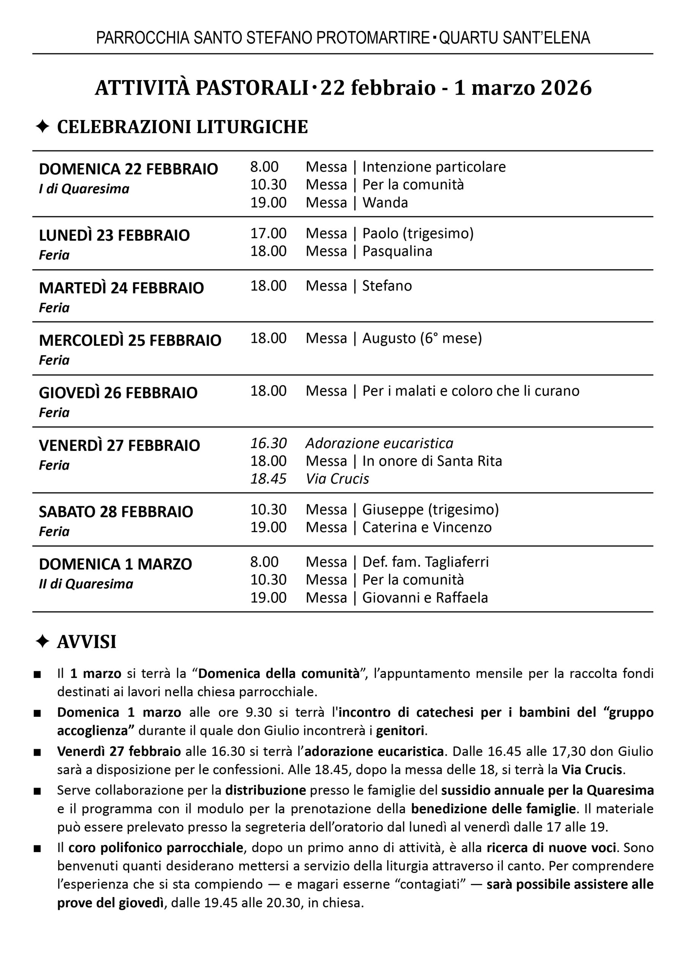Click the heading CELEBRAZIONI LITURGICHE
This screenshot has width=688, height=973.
pyautogui.click(x=182, y=127)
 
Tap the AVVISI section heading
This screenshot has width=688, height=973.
pyautogui.click(x=87, y=642)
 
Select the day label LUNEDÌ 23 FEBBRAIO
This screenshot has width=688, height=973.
pyautogui.click(x=114, y=235)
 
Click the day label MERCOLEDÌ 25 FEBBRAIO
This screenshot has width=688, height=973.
pyautogui.click(x=130, y=341)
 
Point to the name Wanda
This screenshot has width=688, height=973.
pyautogui.click(x=385, y=203)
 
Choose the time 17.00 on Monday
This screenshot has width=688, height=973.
pyautogui.click(x=268, y=233)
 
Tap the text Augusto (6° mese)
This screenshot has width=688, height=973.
pyautogui.click(x=422, y=338)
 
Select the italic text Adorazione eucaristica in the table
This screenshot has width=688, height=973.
pyautogui.click(x=379, y=444)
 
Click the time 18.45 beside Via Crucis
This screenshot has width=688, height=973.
pyautogui.click(x=268, y=479)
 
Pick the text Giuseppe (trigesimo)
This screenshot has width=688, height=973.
pyautogui.click(x=431, y=509)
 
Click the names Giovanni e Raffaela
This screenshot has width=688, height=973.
pyautogui.click(x=425, y=598)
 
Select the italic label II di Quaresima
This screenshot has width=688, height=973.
pyautogui.click(x=86, y=584)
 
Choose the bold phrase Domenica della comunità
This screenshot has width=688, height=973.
pyautogui.click(x=279, y=673)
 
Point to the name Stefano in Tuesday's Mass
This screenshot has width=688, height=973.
pyautogui.click(x=387, y=286)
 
